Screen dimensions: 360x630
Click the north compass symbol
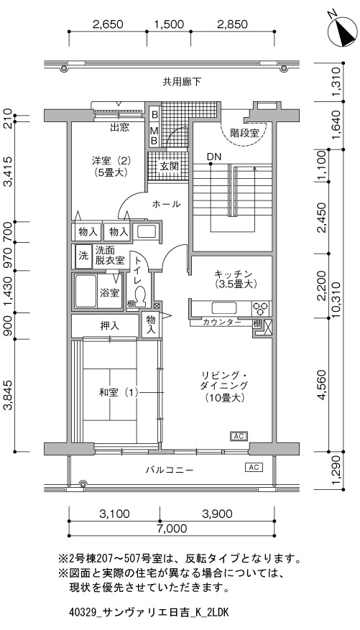pyautogui.click(x=342, y=32)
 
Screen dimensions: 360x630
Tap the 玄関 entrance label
pyautogui.click(x=168, y=166)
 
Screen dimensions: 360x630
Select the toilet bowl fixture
pyautogui.click(x=141, y=297)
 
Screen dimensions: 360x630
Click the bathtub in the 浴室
pyautogui.click(x=86, y=292)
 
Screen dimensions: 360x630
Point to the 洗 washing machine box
pyautogui.click(x=83, y=256)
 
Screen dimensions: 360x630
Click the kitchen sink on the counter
pyautogui.click(x=225, y=308)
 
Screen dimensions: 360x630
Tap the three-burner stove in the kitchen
pyautogui.click(x=260, y=308)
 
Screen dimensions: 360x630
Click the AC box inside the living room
pyautogui.click(x=239, y=436)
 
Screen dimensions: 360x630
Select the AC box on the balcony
pyautogui.click(x=254, y=467)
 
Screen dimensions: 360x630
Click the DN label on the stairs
pyautogui.click(x=214, y=157)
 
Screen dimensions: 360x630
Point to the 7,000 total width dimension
pyautogui.click(x=172, y=528)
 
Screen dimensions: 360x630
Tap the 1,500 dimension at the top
pyautogui.click(x=169, y=24)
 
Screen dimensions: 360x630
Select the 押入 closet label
pyautogui.click(x=109, y=326)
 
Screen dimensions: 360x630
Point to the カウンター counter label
pyautogui.click(x=222, y=322)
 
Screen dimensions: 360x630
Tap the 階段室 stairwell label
pyautogui.click(x=244, y=133)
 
